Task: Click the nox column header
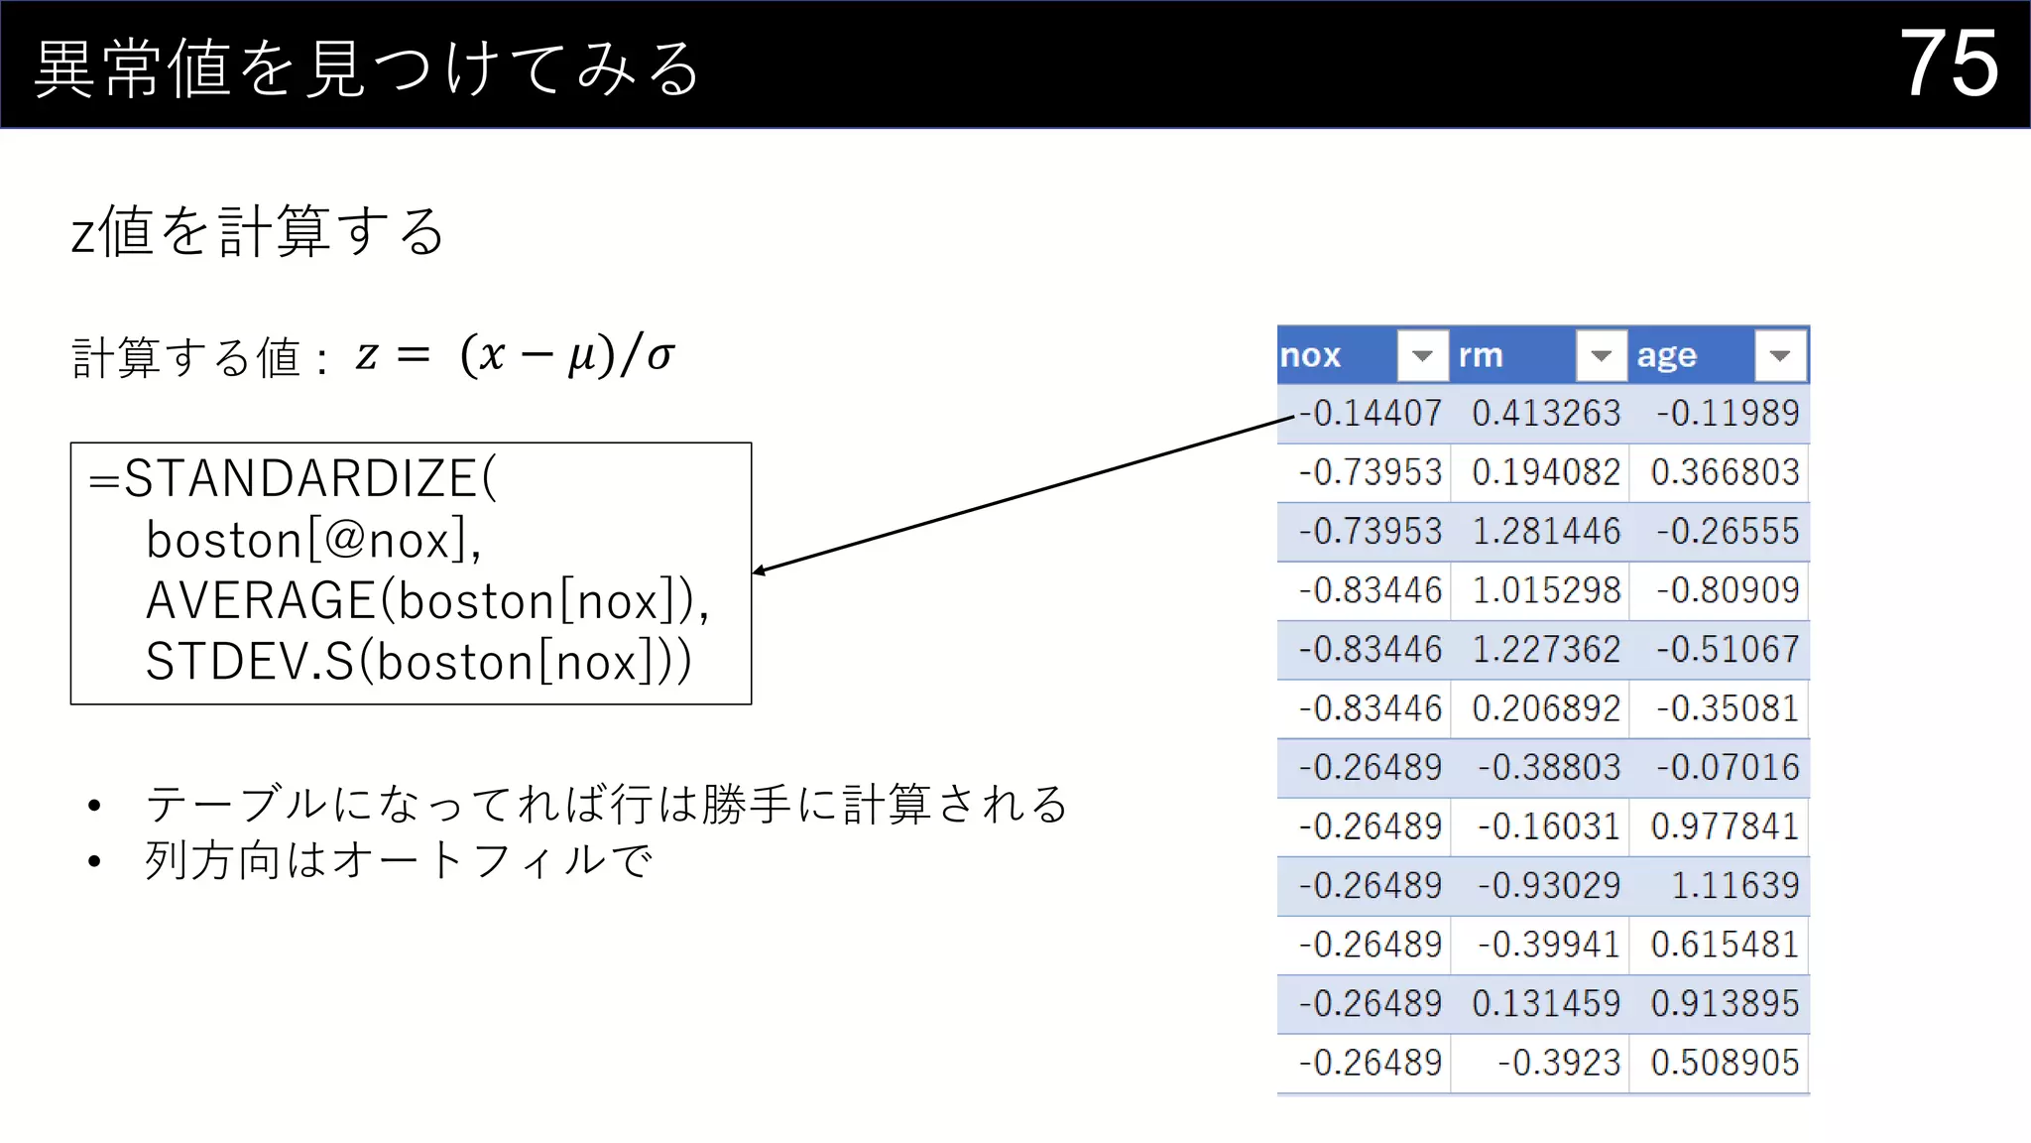[x=1311, y=355]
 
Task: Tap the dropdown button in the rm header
[x=1601, y=355]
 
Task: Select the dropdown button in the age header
[x=1780, y=355]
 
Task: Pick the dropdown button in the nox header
[x=1422, y=355]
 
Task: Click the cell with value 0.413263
[x=1545, y=413]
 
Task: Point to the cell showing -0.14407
[x=1371, y=413]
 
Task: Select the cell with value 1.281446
[x=1545, y=531]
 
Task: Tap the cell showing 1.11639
[x=1734, y=885]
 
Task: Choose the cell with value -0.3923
[x=1558, y=1063]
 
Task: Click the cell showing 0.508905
[x=1724, y=1063]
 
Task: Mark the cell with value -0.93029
[x=1548, y=885]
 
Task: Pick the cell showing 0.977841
[x=1724, y=825]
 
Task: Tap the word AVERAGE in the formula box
[x=260, y=601]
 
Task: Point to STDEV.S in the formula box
[x=249, y=662]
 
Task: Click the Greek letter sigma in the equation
[x=660, y=356]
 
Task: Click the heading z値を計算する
[x=258, y=232]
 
